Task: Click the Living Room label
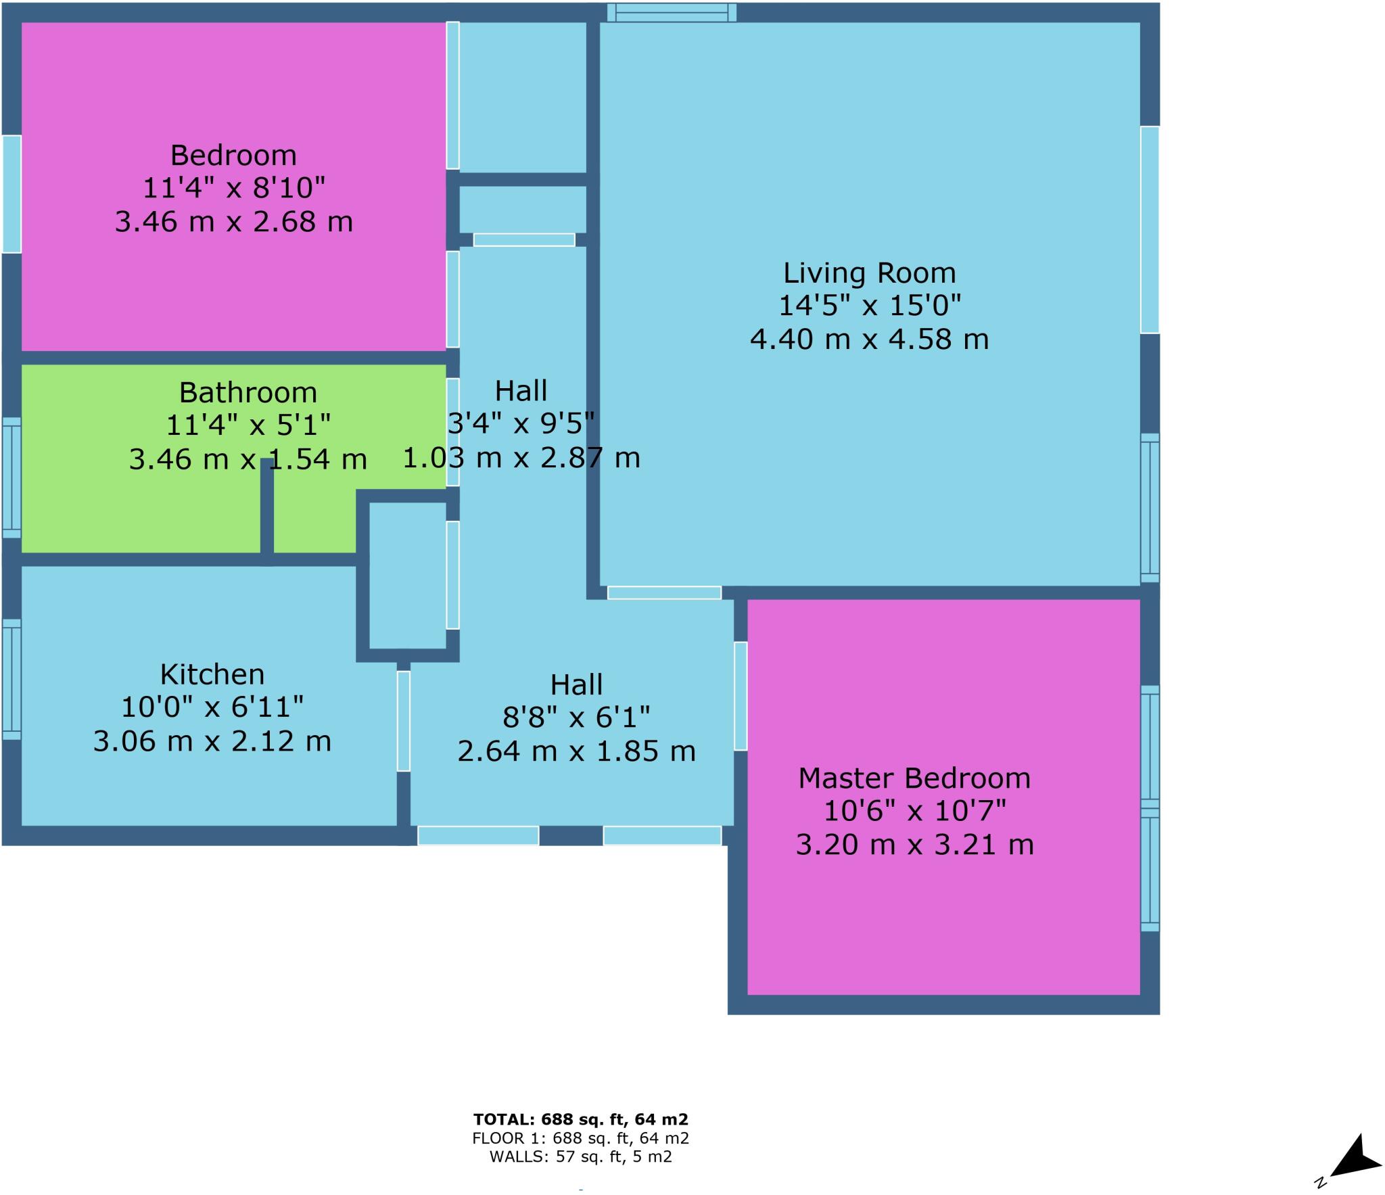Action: coord(869,273)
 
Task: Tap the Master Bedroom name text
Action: coord(914,778)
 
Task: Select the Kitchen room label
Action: coord(212,674)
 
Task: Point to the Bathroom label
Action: coord(248,392)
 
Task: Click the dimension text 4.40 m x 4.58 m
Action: coord(869,339)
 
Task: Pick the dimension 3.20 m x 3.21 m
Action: coord(914,845)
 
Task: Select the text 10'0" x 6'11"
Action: coord(212,707)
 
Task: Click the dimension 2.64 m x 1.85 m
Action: coord(576,751)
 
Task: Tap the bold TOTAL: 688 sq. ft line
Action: coord(580,1119)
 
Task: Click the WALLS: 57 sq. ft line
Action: coord(580,1156)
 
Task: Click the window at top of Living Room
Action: coord(671,12)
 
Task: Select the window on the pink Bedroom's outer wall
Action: coord(11,194)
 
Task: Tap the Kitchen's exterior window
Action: coord(11,679)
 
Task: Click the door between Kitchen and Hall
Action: coord(403,720)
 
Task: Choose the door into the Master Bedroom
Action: coord(741,696)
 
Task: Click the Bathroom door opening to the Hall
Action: coord(452,431)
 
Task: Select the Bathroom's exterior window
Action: coord(11,477)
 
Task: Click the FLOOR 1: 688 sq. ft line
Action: coord(580,1138)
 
